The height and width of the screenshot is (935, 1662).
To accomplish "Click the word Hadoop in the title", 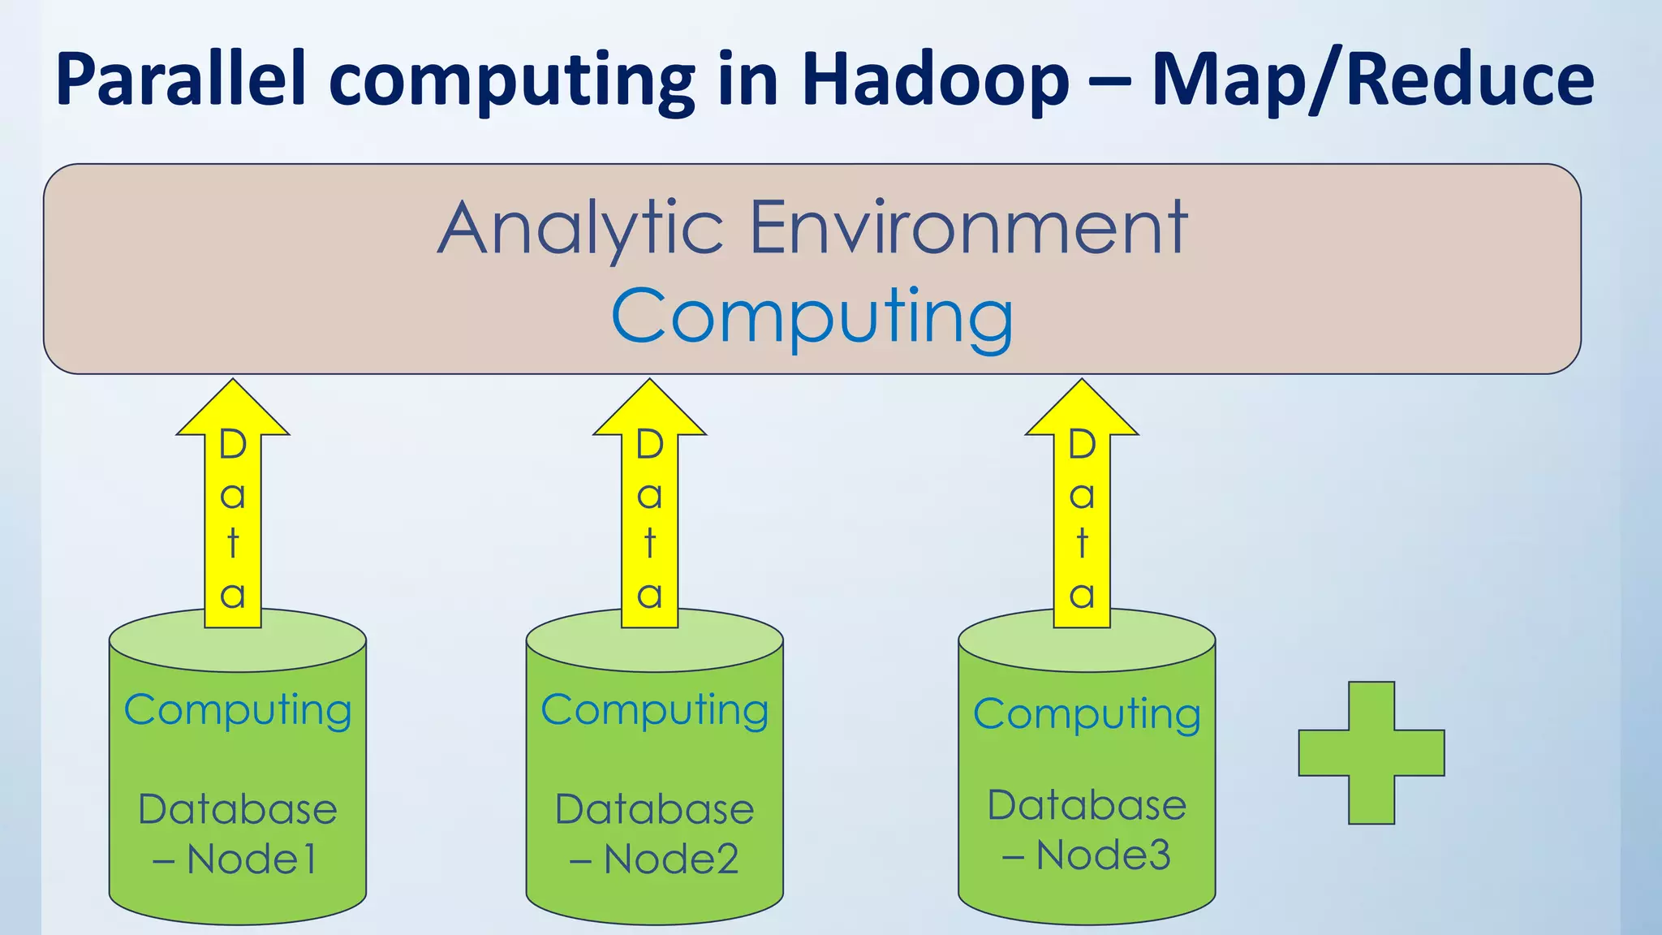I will point(936,80).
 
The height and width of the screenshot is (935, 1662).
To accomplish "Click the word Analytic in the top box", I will point(580,228).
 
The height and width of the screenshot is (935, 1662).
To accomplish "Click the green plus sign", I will point(1371,753).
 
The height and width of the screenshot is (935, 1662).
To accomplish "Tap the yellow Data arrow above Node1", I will point(233,519).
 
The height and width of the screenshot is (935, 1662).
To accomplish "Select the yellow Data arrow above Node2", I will point(649,519).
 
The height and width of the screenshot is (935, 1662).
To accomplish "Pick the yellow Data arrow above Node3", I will point(1082,519).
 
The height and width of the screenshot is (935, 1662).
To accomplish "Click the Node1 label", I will point(251,859).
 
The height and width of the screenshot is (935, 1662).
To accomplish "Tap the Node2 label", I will point(670,859).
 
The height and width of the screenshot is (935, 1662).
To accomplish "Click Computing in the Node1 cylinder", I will point(238,711).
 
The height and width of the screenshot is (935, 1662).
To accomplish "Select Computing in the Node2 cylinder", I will point(655,711).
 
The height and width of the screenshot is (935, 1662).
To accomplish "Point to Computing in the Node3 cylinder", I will point(1087,715).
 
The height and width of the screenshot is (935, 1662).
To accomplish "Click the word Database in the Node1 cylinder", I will point(238,808).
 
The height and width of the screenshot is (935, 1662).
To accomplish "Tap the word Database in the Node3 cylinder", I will point(1087,804).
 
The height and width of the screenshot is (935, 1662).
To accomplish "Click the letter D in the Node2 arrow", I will point(649,445).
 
